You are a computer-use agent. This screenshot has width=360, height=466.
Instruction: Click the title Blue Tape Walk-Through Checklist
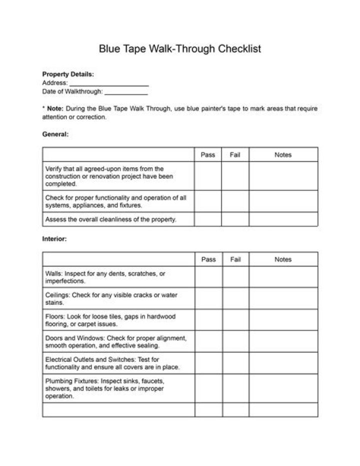click(179, 49)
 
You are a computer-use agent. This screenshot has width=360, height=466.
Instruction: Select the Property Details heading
click(67, 74)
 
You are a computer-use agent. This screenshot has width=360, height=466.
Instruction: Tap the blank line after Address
click(108, 84)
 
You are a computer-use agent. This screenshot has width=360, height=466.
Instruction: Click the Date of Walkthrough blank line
click(126, 92)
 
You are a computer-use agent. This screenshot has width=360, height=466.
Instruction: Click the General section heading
click(55, 134)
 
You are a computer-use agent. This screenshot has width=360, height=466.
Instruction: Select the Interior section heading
click(54, 239)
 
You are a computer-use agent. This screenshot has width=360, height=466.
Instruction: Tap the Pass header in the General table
click(208, 155)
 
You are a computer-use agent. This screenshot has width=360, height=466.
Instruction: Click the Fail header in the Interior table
click(235, 259)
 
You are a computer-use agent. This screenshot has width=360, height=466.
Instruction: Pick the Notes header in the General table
click(283, 155)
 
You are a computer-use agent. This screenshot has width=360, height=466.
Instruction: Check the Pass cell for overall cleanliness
click(208, 219)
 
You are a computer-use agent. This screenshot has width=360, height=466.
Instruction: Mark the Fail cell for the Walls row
click(235, 277)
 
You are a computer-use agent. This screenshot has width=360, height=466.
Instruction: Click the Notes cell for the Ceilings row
click(283, 298)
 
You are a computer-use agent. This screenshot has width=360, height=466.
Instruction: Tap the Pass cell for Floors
click(208, 320)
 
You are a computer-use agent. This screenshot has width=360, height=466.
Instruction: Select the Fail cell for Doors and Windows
click(235, 341)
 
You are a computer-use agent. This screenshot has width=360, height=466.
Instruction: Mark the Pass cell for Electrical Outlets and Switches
click(208, 363)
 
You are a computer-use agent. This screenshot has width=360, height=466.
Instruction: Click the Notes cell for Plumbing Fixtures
click(283, 388)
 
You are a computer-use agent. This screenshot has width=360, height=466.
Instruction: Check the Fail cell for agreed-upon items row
click(235, 176)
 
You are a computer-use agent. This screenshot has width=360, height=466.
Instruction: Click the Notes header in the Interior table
click(283, 259)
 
